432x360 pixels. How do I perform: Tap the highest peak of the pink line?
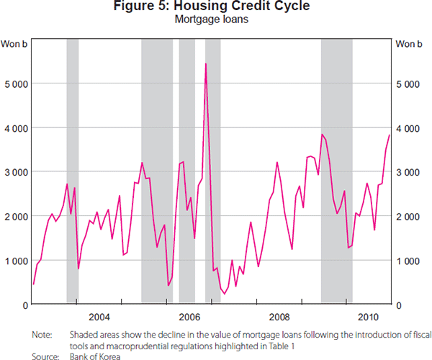coord(206,64)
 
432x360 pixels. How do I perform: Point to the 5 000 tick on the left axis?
coord(15,84)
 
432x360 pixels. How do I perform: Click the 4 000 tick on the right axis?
coord(409,128)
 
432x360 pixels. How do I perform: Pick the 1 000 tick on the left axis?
coord(15,261)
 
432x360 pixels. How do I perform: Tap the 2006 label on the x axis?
coord(189,317)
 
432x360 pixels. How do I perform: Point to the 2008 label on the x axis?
coord(279,317)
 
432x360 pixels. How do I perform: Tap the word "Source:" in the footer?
coord(45,354)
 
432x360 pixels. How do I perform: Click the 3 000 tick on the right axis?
coord(409,172)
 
